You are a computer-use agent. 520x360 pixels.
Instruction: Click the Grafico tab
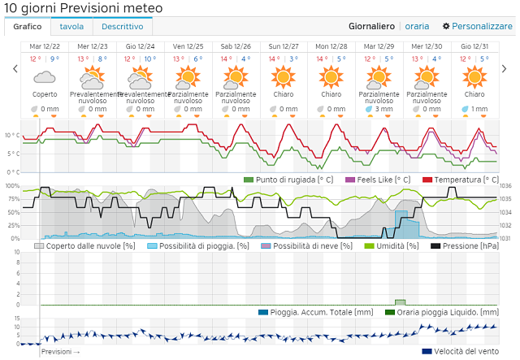click(28, 26)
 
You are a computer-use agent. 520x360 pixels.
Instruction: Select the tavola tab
click(71, 26)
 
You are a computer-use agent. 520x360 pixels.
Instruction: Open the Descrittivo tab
click(123, 26)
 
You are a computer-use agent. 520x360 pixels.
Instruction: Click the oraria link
click(417, 26)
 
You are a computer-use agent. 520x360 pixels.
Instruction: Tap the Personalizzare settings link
click(478, 26)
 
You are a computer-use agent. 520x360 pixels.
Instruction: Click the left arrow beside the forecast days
click(15, 69)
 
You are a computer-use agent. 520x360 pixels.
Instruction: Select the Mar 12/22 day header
click(45, 46)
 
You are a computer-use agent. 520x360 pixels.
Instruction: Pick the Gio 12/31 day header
click(474, 46)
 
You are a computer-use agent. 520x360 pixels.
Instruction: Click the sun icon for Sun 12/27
click(284, 77)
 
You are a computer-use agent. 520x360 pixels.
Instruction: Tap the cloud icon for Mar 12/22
click(45, 78)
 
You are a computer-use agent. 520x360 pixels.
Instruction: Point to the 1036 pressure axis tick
click(506, 186)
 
